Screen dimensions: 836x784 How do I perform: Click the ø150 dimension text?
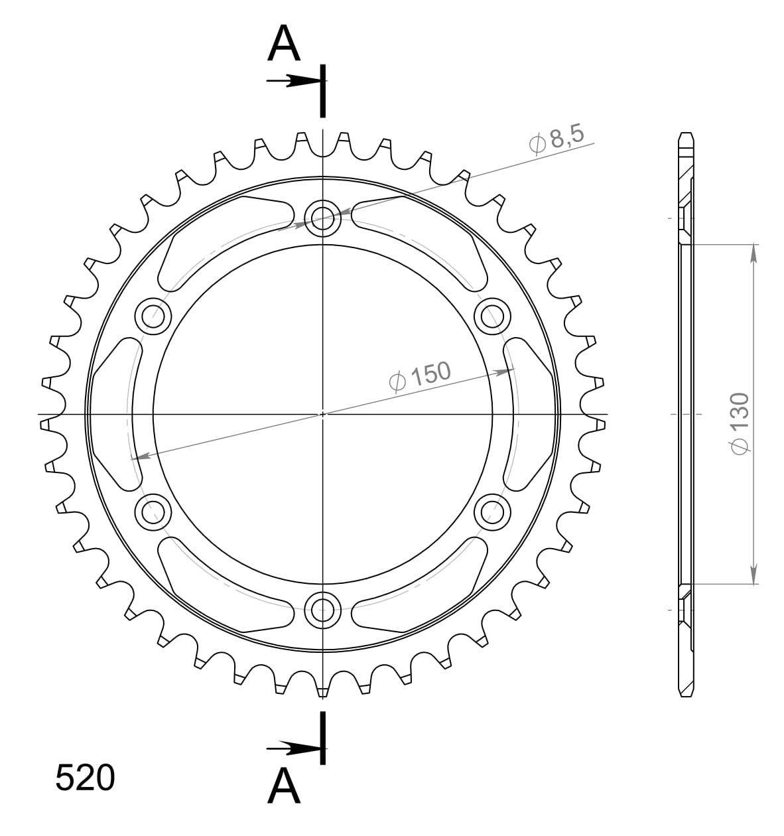pos(419,376)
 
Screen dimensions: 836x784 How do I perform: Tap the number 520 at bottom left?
pos(85,778)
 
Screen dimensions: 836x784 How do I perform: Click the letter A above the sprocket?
pos(285,44)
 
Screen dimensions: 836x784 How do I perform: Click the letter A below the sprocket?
pos(285,787)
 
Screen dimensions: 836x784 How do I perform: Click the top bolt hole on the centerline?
pos(323,216)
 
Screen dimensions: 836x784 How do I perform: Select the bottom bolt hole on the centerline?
pos(323,606)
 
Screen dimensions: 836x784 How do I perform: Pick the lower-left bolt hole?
pos(153,510)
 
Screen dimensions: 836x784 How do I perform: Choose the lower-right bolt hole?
pos(492,510)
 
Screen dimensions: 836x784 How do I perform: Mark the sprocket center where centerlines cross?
pos(323,414)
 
